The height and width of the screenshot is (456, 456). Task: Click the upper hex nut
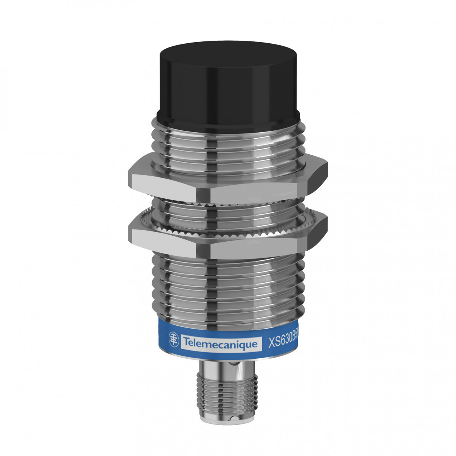click(x=228, y=182)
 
